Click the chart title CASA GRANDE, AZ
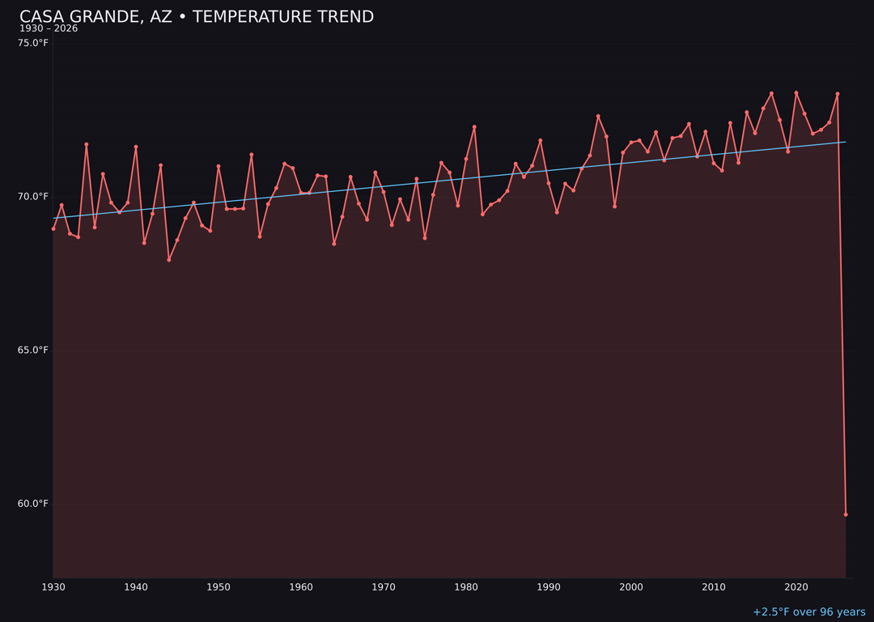(196, 17)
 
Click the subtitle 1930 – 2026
(49, 29)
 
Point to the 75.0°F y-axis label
(33, 43)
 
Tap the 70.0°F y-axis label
(33, 197)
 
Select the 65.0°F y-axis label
(33, 350)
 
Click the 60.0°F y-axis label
(33, 504)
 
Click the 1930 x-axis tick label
(53, 587)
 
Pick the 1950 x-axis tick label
(218, 587)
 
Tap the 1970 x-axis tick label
(384, 587)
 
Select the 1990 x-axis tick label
(549, 587)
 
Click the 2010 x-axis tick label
(714, 587)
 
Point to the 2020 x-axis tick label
(796, 587)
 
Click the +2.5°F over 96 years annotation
(808, 612)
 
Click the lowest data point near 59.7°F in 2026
(846, 514)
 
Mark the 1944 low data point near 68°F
(169, 260)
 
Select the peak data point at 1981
(474, 127)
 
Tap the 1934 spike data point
(87, 144)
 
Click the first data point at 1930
(53, 228)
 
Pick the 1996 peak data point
(598, 116)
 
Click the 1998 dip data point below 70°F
(615, 207)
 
